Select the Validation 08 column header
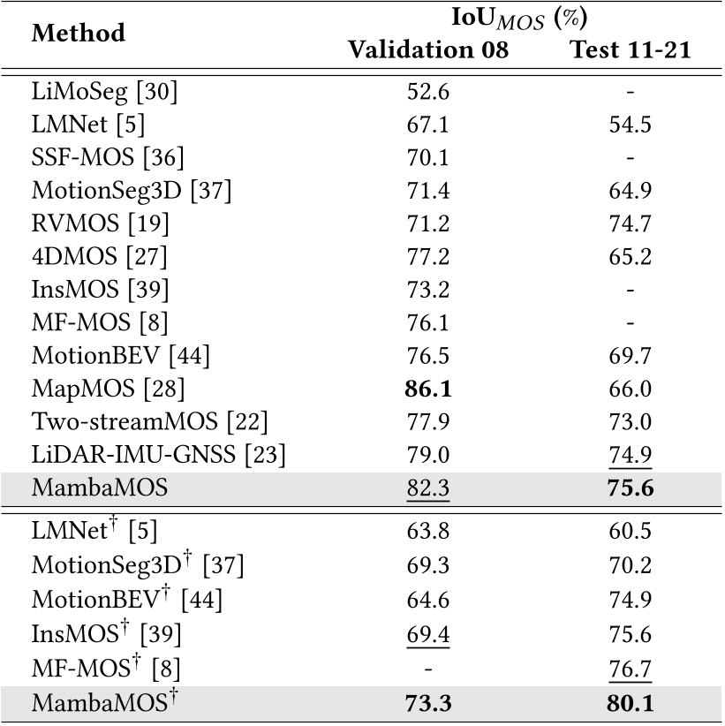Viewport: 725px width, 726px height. click(428, 50)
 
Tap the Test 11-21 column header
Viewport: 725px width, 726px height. click(630, 50)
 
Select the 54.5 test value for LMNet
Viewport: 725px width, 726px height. click(630, 125)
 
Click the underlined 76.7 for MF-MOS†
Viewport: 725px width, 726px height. click(630, 669)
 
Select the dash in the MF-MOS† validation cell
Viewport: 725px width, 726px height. click(429, 669)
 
